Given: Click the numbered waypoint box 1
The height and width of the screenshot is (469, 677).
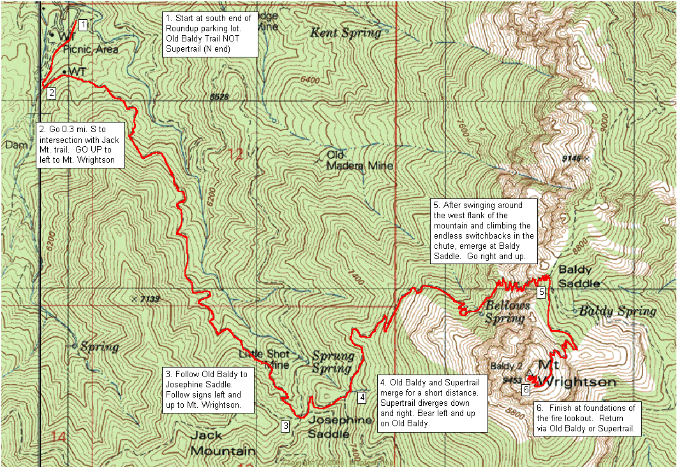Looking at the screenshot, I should click(x=83, y=25).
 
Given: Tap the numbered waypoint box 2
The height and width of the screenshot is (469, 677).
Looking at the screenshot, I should click(x=52, y=93).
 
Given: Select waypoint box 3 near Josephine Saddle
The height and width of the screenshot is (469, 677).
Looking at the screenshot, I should click(x=286, y=426).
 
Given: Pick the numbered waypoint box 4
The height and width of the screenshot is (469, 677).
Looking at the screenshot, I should click(x=362, y=398).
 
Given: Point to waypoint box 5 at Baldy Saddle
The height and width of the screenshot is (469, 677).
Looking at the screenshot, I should click(x=541, y=292).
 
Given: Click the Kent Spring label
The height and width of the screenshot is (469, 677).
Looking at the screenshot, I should click(x=345, y=33).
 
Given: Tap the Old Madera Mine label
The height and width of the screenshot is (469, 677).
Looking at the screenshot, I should click(x=359, y=160).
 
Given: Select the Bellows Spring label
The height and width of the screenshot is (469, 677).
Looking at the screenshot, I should click(x=508, y=311).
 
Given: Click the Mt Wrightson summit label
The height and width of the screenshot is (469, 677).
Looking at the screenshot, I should click(x=576, y=373).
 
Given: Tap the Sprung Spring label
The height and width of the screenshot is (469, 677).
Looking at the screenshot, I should click(x=332, y=362).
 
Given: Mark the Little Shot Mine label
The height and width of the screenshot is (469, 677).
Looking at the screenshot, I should click(x=264, y=359).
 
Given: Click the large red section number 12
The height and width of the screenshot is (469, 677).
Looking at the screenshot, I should click(x=234, y=154).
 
